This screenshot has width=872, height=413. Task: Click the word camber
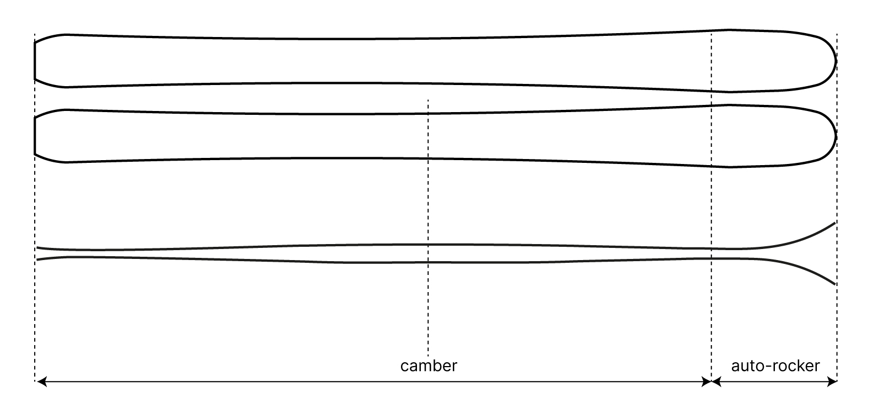coord(429,366)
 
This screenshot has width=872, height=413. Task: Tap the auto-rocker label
coord(775,366)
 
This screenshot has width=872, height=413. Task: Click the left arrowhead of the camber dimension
coord(40,381)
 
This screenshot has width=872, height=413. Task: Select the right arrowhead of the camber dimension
coord(706,381)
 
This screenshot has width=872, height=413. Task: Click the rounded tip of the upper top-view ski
coord(836,60)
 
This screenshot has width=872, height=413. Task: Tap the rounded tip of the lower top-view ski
coord(836,135)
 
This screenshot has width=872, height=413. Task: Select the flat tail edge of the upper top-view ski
coord(35,61)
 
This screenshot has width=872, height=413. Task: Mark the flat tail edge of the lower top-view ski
coord(35,136)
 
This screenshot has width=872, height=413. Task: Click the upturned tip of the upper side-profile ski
coord(834,223)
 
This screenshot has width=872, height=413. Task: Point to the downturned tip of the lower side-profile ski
coord(834,283)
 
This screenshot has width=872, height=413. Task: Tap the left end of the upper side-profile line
coord(38,248)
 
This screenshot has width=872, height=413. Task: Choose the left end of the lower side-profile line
coord(38,259)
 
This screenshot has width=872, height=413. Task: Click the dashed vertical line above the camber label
coord(428,221)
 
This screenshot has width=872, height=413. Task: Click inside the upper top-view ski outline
coord(386,61)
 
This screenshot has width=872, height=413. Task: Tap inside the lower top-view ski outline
coord(386,136)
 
